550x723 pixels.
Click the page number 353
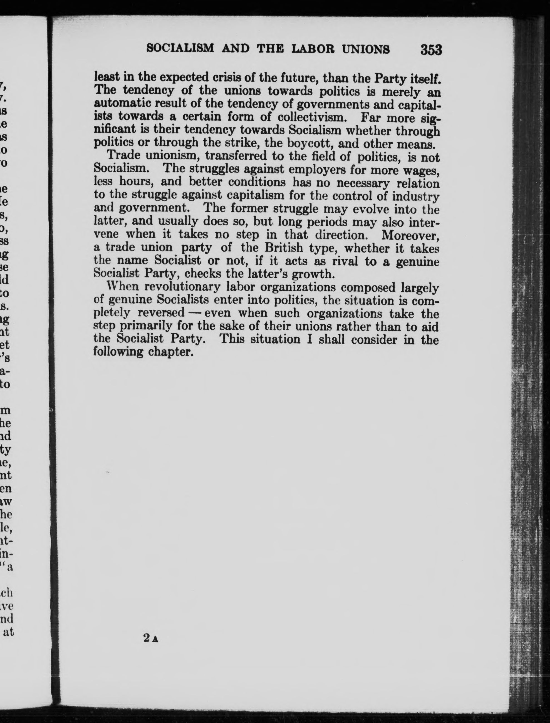point(432,50)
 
